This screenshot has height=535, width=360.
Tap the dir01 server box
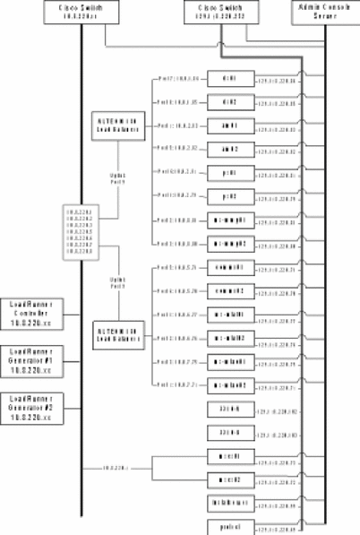(228, 80)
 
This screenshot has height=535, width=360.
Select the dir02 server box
(228, 103)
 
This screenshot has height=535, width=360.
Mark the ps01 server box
(228, 172)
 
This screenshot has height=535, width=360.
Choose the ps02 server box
(228, 195)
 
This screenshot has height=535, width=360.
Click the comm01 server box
(228, 267)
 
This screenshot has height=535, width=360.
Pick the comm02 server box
(228, 291)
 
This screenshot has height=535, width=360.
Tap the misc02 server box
(228, 479)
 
